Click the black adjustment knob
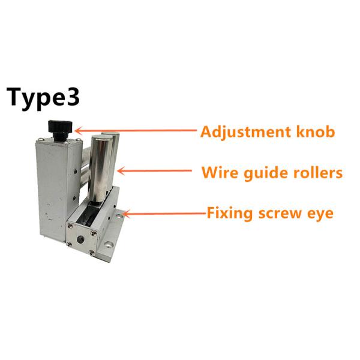(60, 128)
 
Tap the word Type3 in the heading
(43, 98)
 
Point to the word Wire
(220, 172)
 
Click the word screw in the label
(280, 214)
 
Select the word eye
(320, 215)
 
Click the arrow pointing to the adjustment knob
(136, 131)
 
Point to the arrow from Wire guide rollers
(154, 171)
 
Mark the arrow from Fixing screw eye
(165, 214)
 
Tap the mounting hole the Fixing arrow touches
(119, 215)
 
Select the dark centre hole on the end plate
(80, 239)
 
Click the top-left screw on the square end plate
(70, 226)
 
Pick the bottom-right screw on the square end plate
(91, 253)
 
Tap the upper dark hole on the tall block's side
(76, 171)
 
